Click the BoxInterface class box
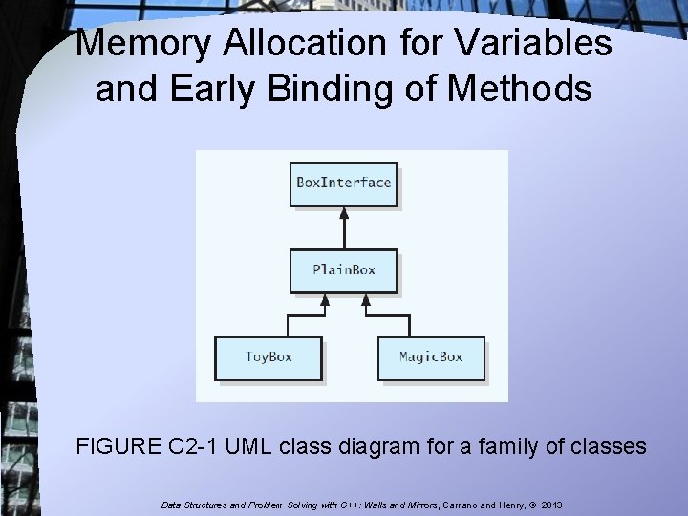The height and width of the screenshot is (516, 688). coord(344,183)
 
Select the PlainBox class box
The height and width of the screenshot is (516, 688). coord(344,269)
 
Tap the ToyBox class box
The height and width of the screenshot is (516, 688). coord(269,357)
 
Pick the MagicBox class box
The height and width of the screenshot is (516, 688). coord(430,357)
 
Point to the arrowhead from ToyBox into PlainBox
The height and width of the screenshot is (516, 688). coord(325,299)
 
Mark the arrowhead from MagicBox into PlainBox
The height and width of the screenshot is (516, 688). coord(364,299)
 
